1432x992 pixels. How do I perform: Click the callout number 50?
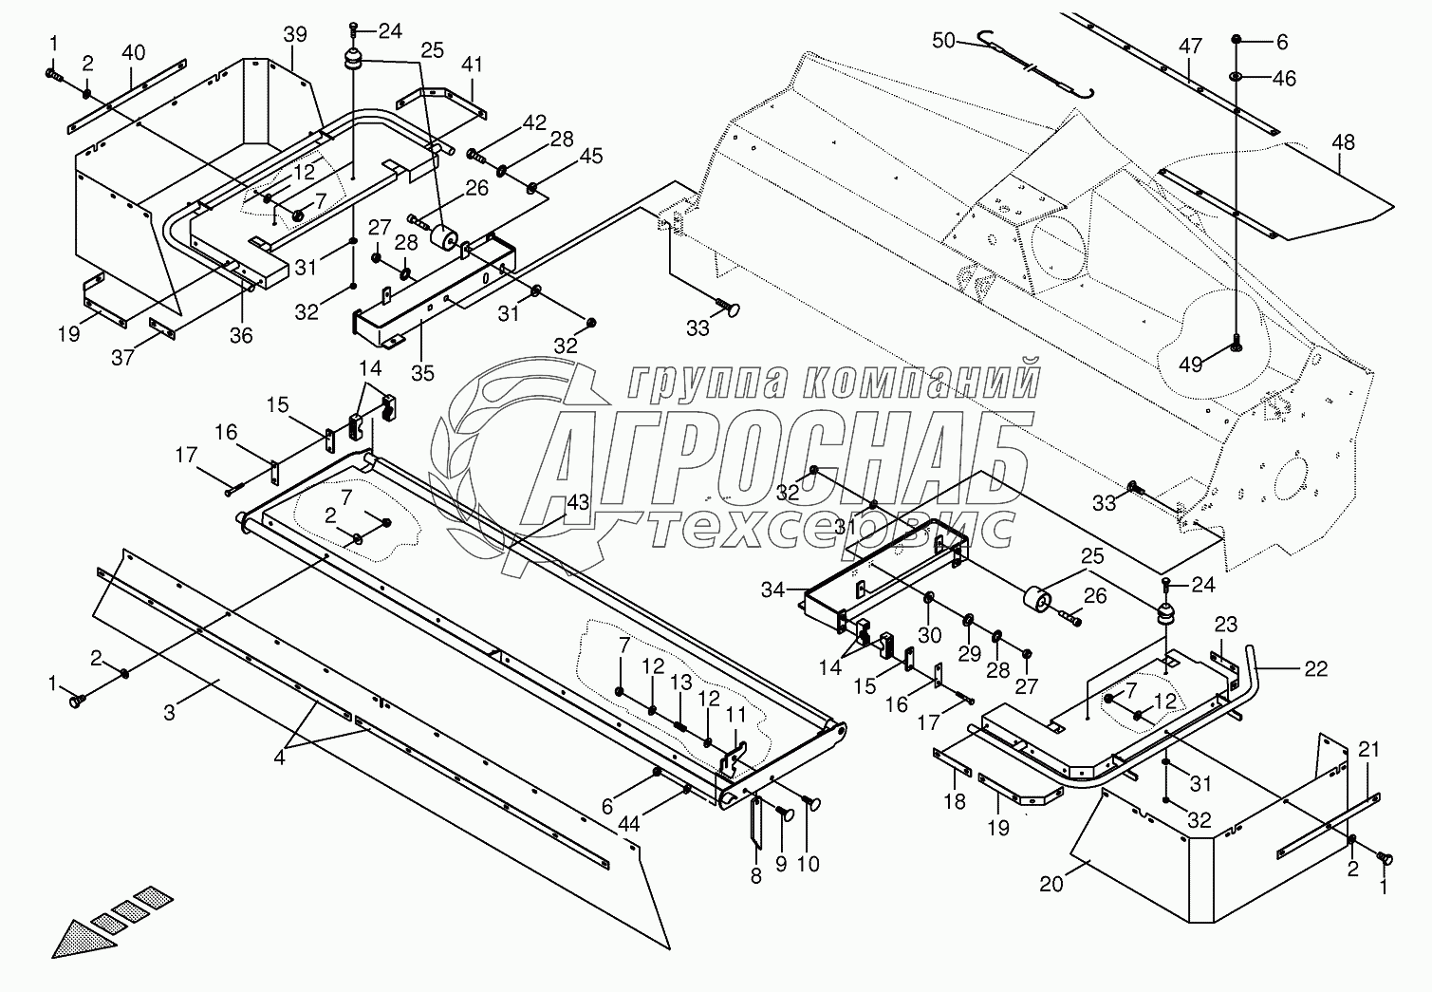click(x=943, y=40)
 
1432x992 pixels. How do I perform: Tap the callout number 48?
click(x=1343, y=142)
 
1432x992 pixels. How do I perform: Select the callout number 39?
click(x=295, y=34)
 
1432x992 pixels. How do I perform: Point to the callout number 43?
click(x=578, y=503)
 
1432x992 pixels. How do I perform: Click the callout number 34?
click(x=773, y=590)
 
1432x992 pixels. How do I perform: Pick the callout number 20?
click(x=1051, y=885)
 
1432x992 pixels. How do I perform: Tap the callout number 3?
click(x=169, y=713)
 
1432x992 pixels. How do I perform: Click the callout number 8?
click(x=755, y=876)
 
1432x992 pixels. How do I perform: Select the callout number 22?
click(x=1316, y=669)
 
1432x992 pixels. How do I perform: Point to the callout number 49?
click(x=1190, y=365)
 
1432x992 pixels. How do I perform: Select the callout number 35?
click(x=422, y=373)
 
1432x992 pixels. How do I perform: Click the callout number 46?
click(x=1284, y=78)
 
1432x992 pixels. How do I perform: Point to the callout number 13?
click(x=681, y=683)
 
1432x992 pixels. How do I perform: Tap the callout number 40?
click(x=133, y=52)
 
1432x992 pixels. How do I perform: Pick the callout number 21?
click(x=1367, y=749)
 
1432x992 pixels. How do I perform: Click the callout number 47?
click(x=1190, y=47)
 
